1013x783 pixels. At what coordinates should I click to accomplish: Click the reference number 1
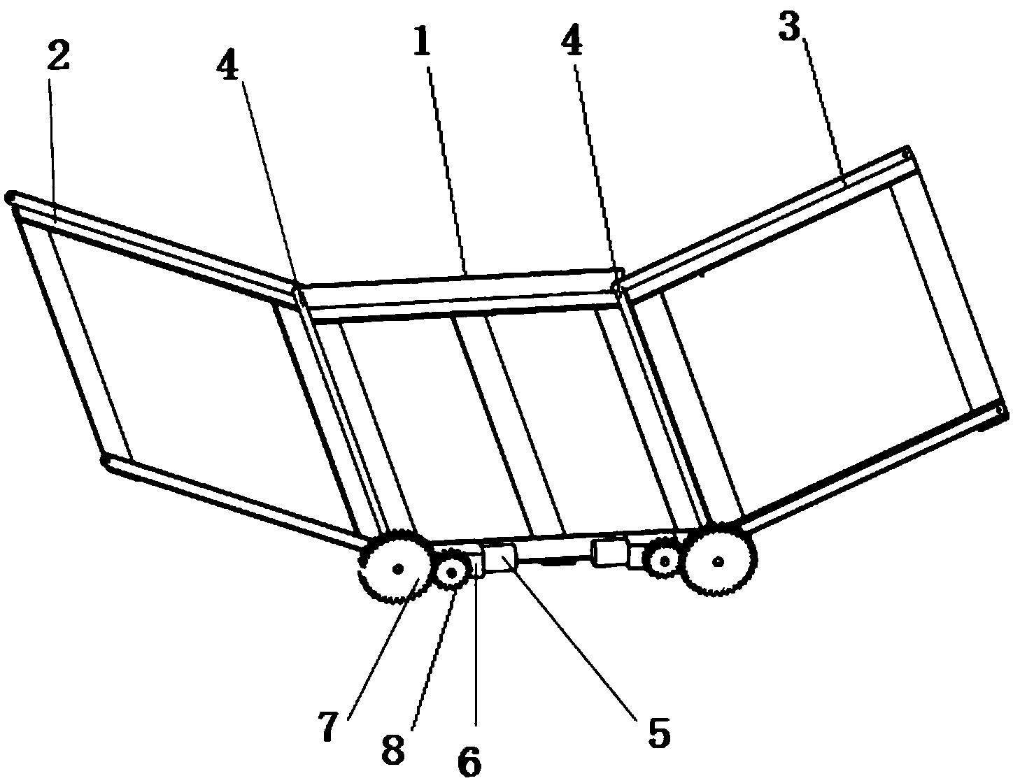(422, 43)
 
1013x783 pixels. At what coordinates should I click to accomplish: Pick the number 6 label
(470, 761)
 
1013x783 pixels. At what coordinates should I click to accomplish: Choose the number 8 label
(392, 750)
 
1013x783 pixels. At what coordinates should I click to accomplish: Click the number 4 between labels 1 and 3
(572, 43)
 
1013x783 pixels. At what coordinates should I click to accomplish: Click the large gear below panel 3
(719, 560)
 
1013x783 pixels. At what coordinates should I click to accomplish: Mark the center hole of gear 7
(397, 569)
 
